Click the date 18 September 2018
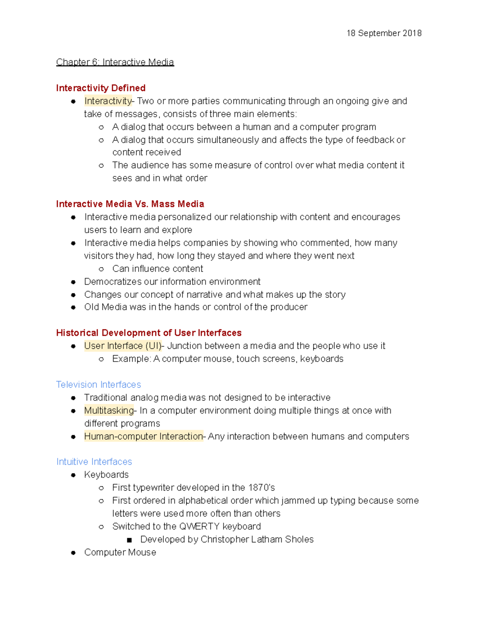(x=384, y=33)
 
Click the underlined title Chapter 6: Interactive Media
(x=115, y=62)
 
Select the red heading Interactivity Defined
(x=101, y=88)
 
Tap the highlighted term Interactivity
(x=108, y=101)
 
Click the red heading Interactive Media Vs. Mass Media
(x=130, y=204)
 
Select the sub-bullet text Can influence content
(x=157, y=269)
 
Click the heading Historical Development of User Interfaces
(x=149, y=333)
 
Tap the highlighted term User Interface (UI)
(x=123, y=346)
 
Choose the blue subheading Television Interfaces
(x=98, y=385)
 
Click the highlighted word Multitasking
(x=109, y=411)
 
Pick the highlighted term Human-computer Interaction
(x=143, y=436)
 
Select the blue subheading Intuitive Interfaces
(x=94, y=462)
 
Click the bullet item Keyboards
(x=106, y=475)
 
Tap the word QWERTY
(x=199, y=527)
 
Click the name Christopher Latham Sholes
(x=257, y=539)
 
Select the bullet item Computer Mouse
(x=120, y=552)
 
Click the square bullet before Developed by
(x=129, y=540)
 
